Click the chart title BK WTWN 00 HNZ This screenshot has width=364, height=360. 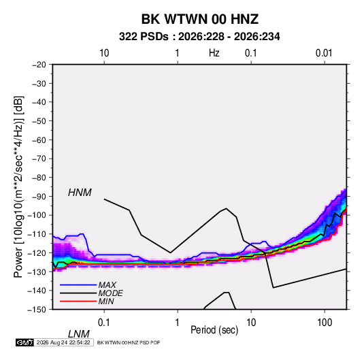[200, 19]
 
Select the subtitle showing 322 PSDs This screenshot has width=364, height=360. [199, 37]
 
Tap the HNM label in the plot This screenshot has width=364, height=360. [80, 193]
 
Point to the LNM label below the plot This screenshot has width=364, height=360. [79, 334]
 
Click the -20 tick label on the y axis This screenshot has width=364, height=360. [39, 65]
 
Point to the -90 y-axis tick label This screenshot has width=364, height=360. [39, 196]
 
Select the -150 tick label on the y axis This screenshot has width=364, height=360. [37, 310]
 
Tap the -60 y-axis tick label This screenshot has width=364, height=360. [39, 140]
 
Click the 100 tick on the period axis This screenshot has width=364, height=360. [325, 323]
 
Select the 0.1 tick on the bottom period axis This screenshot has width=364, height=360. [104, 323]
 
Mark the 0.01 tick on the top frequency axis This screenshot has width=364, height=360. [324, 53]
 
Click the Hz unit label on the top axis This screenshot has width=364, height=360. [214, 53]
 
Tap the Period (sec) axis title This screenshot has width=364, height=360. [214, 330]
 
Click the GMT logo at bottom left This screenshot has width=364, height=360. [24, 342]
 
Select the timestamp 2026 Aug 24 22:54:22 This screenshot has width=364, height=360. [63, 342]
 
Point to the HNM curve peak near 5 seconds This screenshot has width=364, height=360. [227, 208]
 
